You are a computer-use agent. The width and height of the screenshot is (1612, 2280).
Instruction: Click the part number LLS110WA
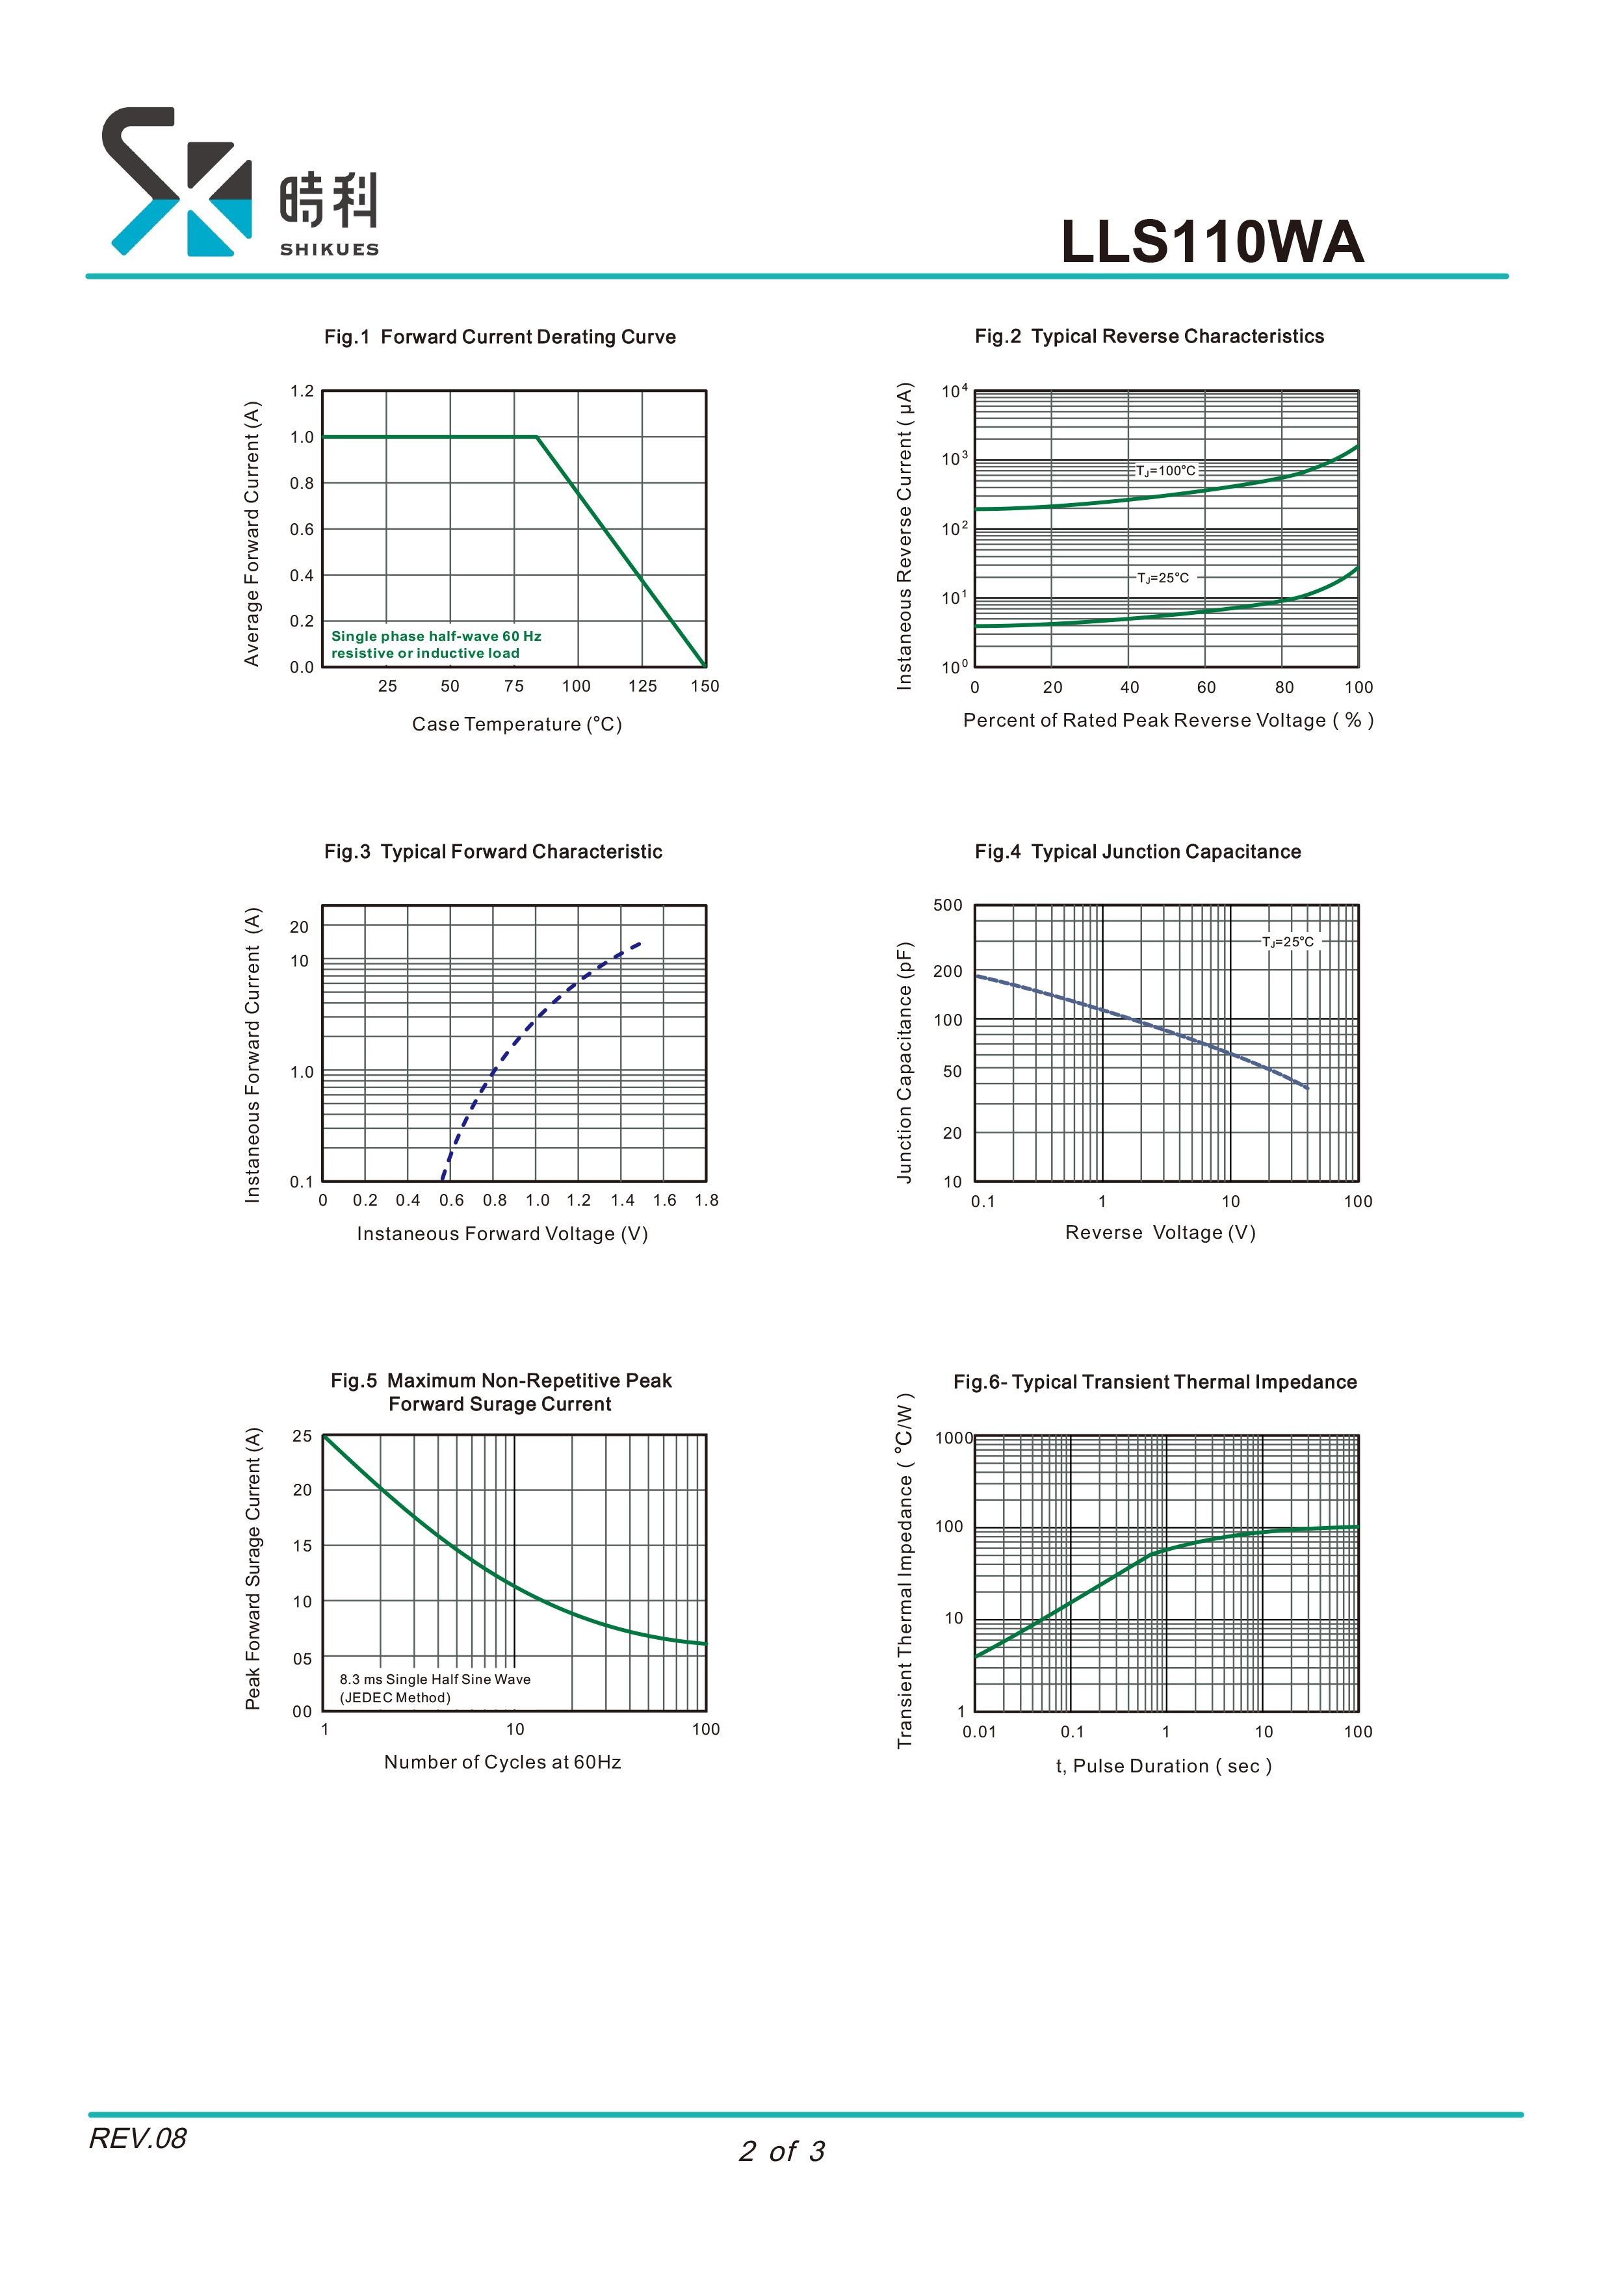point(1212,241)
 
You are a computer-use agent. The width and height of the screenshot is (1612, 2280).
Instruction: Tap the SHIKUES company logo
point(240,182)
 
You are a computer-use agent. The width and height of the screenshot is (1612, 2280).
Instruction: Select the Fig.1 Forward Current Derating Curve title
point(500,337)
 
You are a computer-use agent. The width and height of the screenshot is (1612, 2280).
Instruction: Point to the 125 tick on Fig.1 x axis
point(643,686)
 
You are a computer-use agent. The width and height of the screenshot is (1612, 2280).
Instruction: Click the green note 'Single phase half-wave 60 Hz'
point(436,636)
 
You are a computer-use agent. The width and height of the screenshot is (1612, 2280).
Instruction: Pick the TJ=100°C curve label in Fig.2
point(1166,471)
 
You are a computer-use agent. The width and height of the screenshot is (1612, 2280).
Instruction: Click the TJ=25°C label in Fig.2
point(1163,578)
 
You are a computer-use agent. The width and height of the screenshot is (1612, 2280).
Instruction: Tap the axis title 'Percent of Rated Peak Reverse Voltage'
point(1168,721)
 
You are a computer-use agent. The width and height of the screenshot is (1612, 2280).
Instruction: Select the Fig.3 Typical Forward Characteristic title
point(493,852)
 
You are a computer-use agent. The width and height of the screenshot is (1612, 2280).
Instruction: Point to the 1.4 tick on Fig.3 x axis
point(623,1200)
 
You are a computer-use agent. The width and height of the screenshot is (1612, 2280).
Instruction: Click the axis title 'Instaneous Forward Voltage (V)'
point(502,1234)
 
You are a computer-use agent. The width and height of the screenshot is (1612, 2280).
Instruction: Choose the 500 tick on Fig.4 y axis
point(948,905)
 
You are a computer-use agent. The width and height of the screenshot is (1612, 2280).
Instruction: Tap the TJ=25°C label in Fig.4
point(1288,941)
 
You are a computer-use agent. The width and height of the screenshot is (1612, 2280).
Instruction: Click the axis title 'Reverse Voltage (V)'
point(1160,1232)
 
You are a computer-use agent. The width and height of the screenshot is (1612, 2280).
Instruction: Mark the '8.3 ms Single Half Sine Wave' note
point(435,1679)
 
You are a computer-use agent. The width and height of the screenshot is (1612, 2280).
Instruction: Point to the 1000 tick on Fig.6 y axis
point(954,1438)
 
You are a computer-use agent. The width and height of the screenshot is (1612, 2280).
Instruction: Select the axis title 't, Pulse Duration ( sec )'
point(1163,1766)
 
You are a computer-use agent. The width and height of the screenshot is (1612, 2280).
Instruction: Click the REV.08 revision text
point(138,2138)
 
